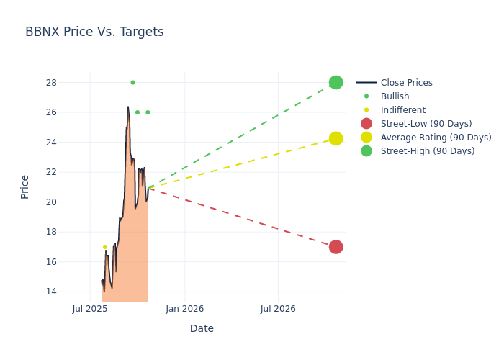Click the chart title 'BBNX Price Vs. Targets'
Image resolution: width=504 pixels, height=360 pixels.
click(94, 32)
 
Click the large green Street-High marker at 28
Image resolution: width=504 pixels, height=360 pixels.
click(336, 82)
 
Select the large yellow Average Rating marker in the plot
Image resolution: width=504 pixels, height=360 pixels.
click(336, 138)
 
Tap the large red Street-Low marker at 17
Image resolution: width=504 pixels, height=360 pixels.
click(336, 247)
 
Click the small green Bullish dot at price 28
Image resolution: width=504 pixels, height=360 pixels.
click(132, 82)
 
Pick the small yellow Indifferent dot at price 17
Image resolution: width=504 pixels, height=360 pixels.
click(104, 247)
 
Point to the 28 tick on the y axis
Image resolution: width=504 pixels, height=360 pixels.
click(52, 82)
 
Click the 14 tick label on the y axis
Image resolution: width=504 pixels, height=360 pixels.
click(52, 292)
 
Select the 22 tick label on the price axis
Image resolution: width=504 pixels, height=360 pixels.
click(52, 172)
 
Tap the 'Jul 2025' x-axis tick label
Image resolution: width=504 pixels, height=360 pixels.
click(90, 309)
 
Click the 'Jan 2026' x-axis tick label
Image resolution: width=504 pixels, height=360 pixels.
click(184, 309)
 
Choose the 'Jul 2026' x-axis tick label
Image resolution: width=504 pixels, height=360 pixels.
click(278, 309)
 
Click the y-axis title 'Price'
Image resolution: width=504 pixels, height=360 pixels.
click(25, 186)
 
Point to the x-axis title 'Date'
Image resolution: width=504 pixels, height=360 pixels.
click(202, 328)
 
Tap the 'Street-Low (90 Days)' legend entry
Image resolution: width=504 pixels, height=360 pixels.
click(426, 124)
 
